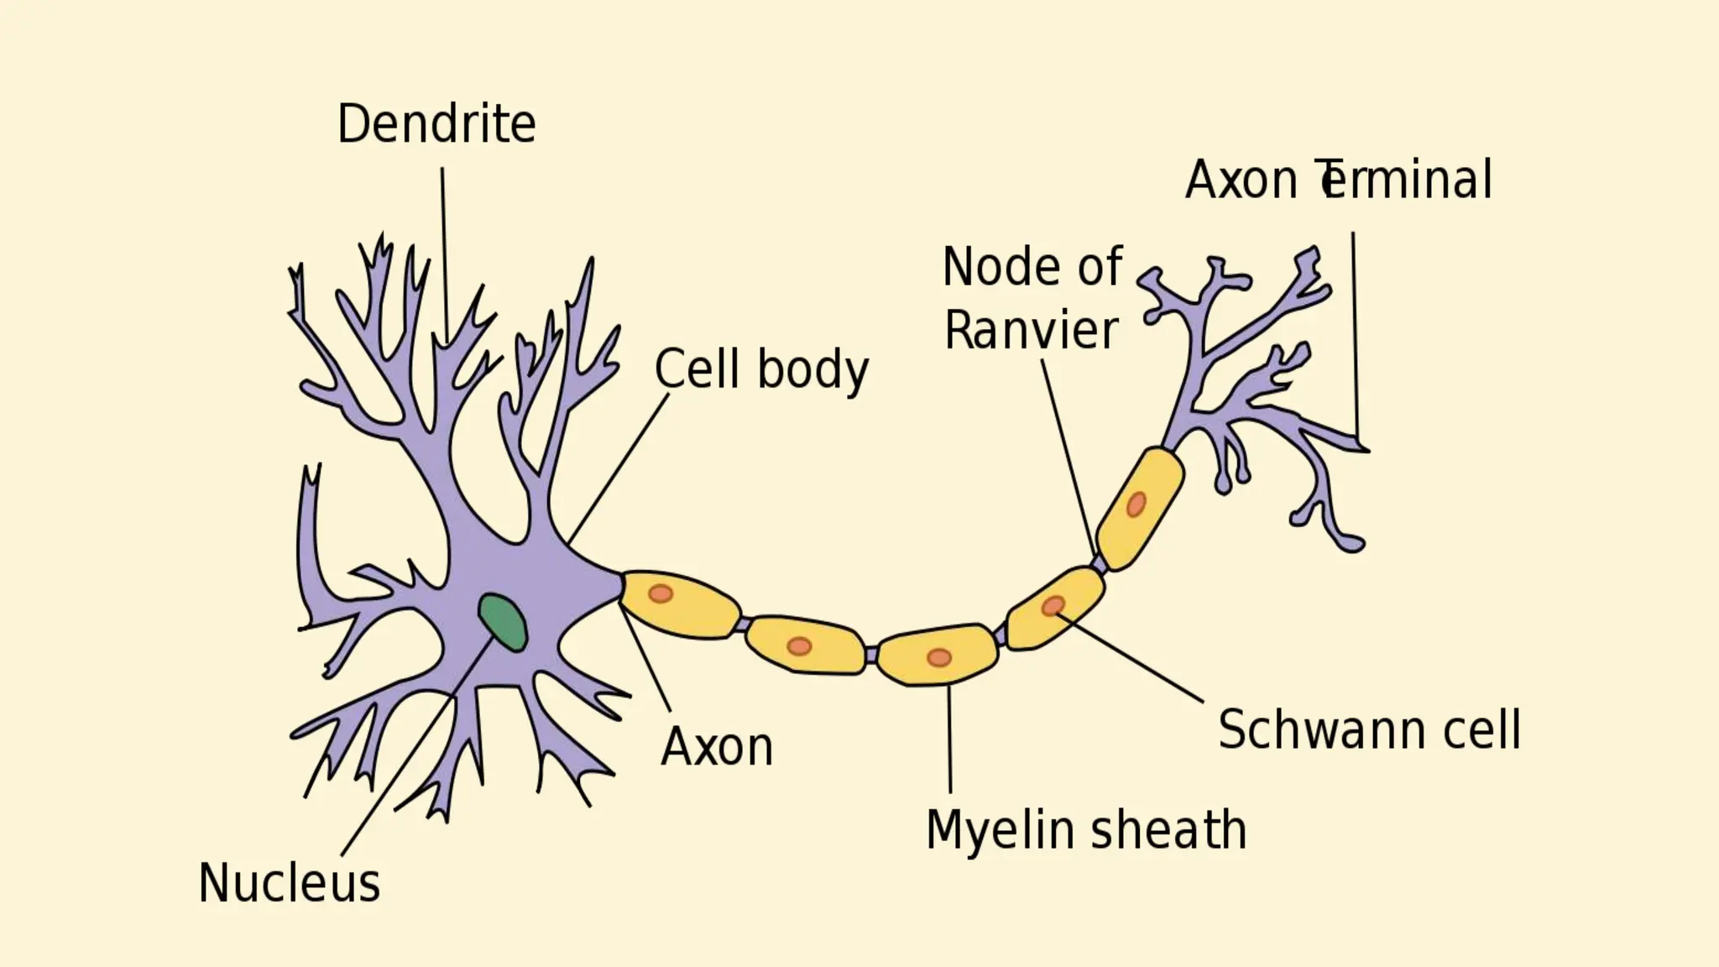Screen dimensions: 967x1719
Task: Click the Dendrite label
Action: point(436,124)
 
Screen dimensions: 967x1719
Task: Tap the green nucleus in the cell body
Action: point(503,622)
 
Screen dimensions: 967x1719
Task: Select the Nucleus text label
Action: point(289,883)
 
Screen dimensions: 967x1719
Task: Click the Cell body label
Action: point(761,369)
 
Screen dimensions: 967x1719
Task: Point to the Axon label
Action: point(717,746)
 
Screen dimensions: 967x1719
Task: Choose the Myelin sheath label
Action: point(1085,830)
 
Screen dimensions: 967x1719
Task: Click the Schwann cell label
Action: point(1369,729)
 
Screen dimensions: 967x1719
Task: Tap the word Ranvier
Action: point(1031,330)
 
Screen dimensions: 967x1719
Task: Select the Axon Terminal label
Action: point(1338,180)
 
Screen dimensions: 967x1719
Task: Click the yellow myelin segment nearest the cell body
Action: point(680,604)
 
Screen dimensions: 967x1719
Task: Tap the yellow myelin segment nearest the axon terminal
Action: point(1139,508)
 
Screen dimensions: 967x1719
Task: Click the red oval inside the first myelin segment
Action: point(661,593)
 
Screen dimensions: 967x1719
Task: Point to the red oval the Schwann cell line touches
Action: point(1053,605)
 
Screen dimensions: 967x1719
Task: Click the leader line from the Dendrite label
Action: point(444,252)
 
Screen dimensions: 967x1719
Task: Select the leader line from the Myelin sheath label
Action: point(949,739)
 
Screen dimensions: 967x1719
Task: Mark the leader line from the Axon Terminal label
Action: point(1355,336)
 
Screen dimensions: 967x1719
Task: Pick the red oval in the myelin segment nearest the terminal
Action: point(1136,504)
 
